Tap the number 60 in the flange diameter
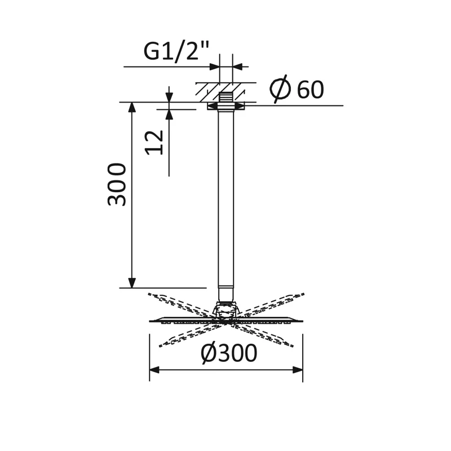310,90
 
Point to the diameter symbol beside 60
280,89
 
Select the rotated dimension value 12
154,142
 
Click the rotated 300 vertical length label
117,184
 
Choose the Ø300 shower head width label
229,353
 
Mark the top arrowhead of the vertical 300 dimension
132,107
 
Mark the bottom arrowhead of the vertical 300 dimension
132,283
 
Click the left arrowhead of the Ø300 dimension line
154,370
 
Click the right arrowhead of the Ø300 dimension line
298,370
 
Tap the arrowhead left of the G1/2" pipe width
214,67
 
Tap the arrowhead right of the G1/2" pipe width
238,67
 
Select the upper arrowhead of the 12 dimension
169,98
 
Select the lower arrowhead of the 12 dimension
169,114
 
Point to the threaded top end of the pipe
226,96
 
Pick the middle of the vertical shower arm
226,197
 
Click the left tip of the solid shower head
151,321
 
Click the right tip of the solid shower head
302,321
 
